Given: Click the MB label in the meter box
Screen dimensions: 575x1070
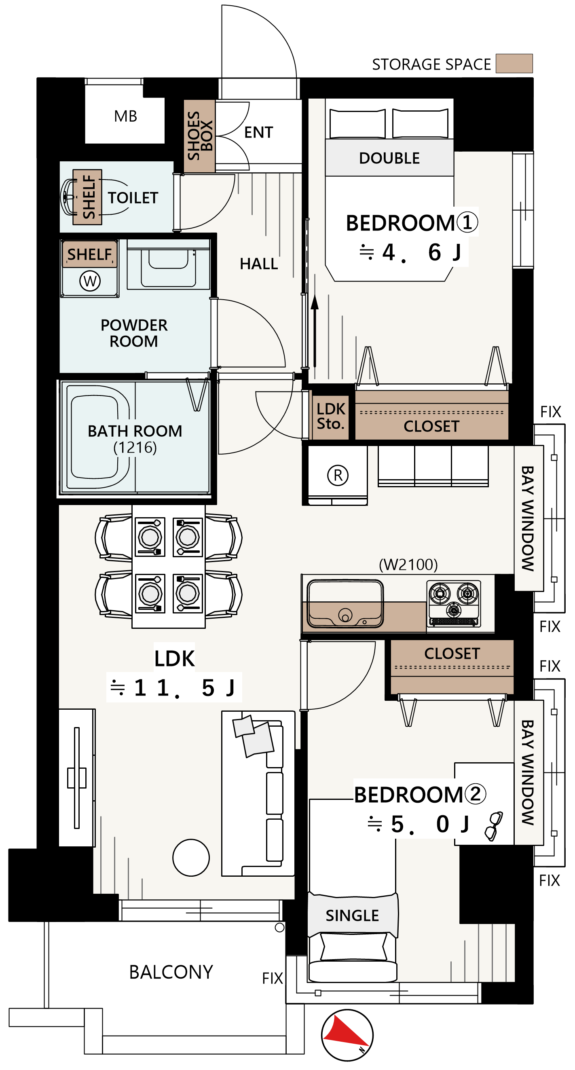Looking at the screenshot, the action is [125, 116].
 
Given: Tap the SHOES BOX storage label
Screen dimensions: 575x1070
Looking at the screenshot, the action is [200, 136].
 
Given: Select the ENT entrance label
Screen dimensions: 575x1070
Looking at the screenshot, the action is [258, 133].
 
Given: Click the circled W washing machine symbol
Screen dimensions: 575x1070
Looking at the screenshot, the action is [90, 281].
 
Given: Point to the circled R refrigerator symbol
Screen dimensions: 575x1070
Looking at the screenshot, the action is [338, 475].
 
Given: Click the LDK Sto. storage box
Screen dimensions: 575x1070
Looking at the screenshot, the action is [331, 415].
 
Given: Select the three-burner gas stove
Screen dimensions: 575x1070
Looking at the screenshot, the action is [454, 603].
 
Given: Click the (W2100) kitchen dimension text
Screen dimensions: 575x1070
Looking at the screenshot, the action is [408, 565].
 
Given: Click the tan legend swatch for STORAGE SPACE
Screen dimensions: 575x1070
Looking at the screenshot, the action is [514, 63].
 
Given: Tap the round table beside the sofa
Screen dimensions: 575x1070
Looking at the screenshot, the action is [191, 857].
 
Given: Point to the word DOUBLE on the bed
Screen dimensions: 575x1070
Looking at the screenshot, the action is [389, 158].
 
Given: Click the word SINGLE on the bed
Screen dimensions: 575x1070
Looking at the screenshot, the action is [352, 916].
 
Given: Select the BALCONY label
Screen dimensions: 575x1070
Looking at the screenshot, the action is [171, 972].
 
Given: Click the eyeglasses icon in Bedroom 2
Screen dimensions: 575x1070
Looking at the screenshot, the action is [494, 826].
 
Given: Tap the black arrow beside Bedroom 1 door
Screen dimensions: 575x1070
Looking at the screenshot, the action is [315, 331].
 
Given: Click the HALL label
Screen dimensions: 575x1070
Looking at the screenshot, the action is [259, 264].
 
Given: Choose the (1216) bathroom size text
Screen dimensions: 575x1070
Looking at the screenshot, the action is [135, 448].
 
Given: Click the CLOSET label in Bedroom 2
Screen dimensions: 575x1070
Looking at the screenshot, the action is [452, 653].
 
